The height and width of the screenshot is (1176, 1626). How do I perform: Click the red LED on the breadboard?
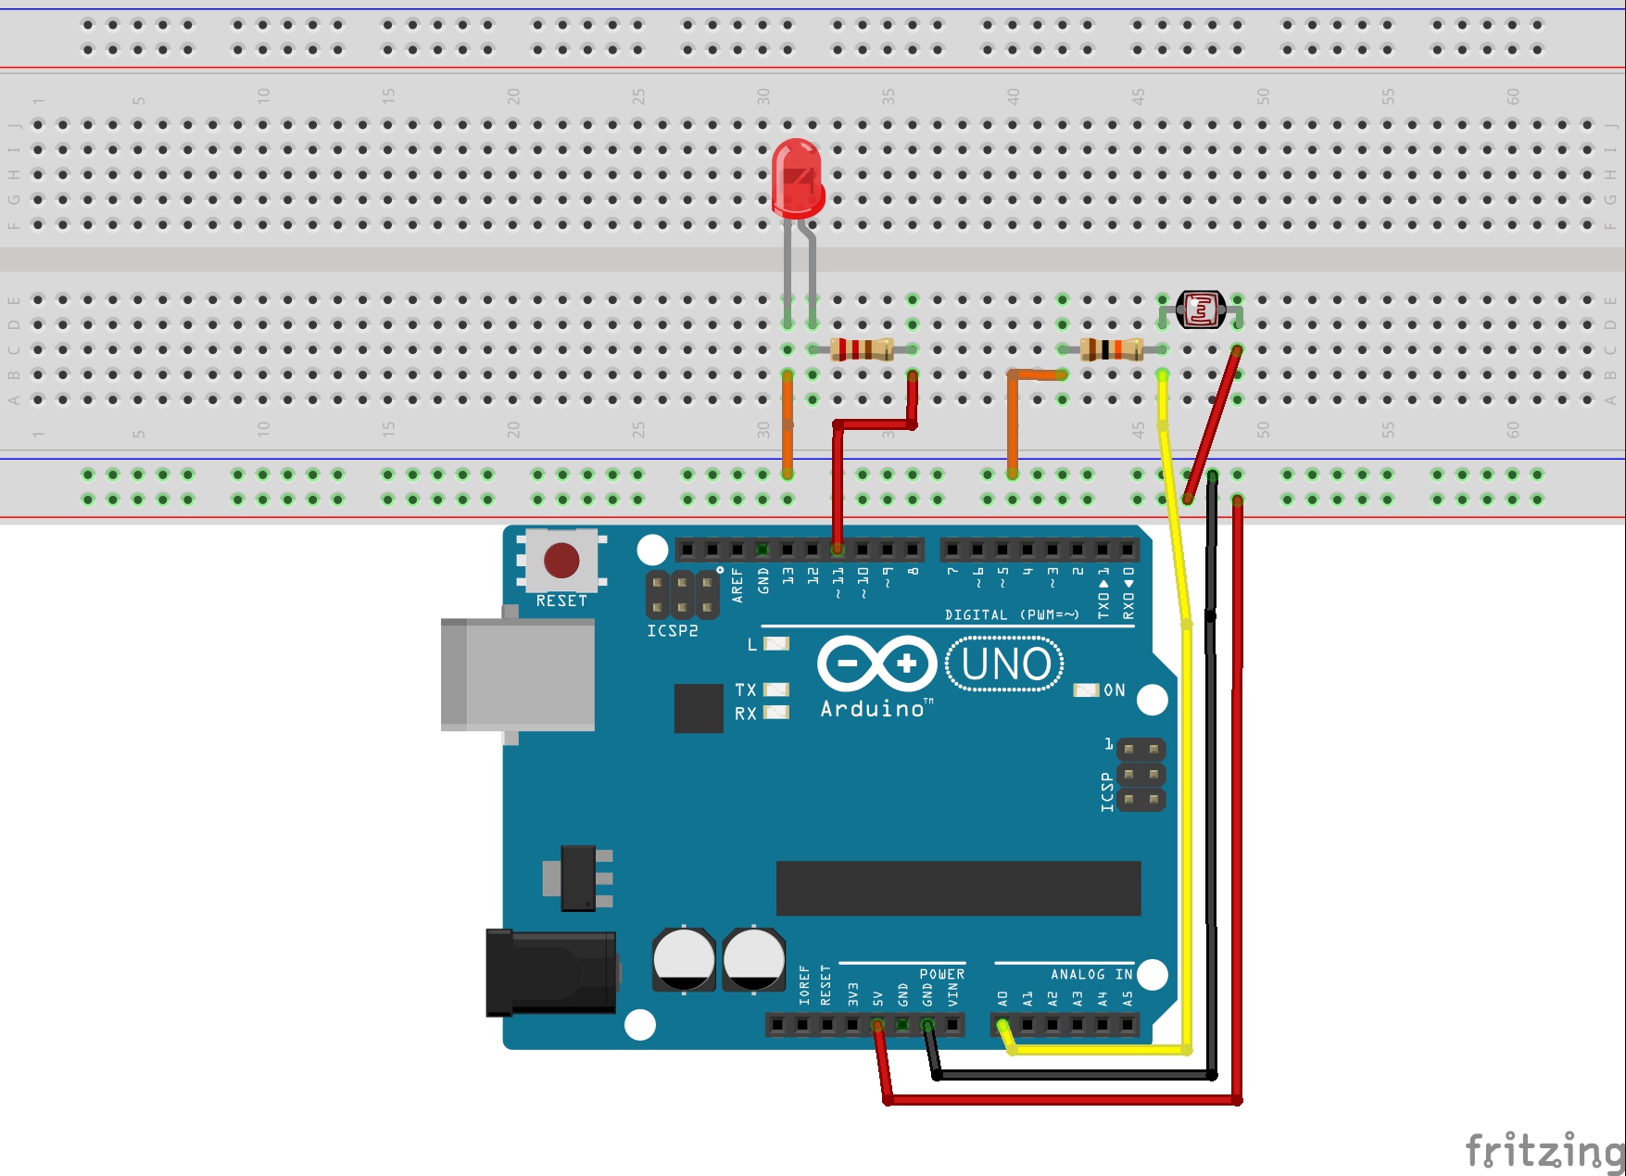tap(797, 179)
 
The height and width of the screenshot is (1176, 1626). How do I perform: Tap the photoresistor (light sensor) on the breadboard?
tap(1201, 310)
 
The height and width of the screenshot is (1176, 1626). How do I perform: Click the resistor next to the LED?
tap(862, 348)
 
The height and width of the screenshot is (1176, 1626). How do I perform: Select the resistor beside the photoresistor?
tap(1112, 349)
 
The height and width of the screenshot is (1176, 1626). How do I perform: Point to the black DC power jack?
tap(551, 972)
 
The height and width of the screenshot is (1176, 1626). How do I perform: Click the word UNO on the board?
tap(1006, 664)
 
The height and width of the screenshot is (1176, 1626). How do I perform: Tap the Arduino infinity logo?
tap(876, 664)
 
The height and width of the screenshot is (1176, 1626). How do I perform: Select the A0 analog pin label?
tap(1002, 999)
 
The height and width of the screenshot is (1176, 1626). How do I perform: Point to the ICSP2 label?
tap(673, 631)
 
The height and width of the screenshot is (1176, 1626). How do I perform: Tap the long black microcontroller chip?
tap(958, 888)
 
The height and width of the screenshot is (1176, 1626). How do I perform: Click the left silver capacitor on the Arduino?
tap(684, 958)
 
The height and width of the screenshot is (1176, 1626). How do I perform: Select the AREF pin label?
tap(737, 586)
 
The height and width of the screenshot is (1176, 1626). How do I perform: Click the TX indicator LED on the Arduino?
tap(776, 689)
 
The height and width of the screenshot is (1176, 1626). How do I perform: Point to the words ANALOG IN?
tap(1091, 974)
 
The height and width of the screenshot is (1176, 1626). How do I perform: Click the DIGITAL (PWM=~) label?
tap(1012, 614)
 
